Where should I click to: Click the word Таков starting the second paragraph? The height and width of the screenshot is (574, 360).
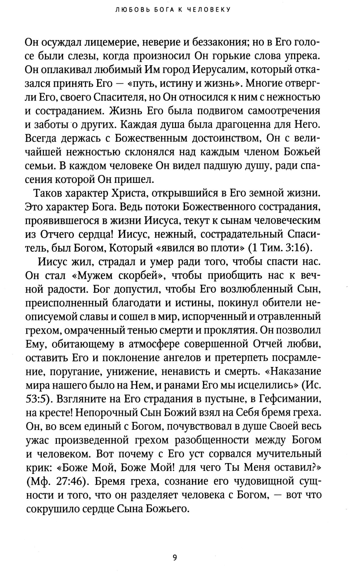(x=47, y=194)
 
